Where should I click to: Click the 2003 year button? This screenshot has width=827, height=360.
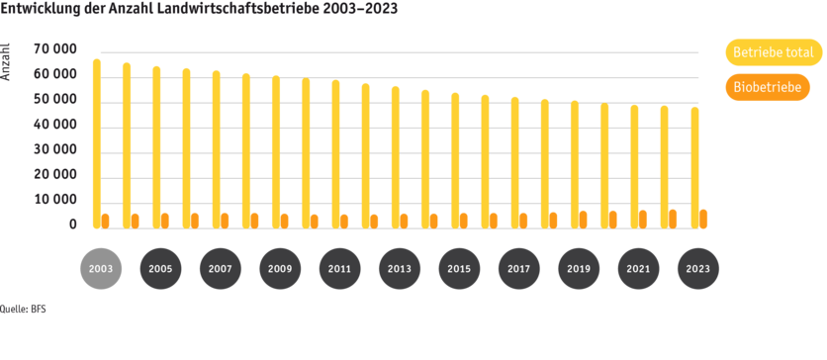pyautogui.click(x=100, y=268)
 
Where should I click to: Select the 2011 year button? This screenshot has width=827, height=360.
pyautogui.click(x=339, y=268)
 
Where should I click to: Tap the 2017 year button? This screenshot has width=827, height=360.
pyautogui.click(x=518, y=268)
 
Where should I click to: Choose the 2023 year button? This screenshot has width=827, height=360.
pyautogui.click(x=697, y=268)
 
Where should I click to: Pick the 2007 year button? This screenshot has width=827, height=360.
pyautogui.click(x=220, y=268)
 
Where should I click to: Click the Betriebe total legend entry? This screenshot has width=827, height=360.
pyautogui.click(x=773, y=52)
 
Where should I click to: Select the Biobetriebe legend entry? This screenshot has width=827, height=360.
pyautogui.click(x=768, y=87)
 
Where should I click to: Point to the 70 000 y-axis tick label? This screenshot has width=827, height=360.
pyautogui.click(x=55, y=49)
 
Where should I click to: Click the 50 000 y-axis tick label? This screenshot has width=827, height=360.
pyautogui.click(x=55, y=99)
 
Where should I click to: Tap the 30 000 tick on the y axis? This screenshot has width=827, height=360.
pyautogui.click(x=55, y=149)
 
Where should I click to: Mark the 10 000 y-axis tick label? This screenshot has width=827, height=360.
pyautogui.click(x=55, y=199)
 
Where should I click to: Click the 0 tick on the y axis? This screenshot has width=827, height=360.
pyautogui.click(x=72, y=225)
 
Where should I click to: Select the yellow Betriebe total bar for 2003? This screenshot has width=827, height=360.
pyautogui.click(x=96, y=143)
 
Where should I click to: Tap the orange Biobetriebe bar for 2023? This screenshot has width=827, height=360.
pyautogui.click(x=703, y=219)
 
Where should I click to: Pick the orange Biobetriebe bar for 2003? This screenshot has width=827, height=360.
pyautogui.click(x=106, y=221)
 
